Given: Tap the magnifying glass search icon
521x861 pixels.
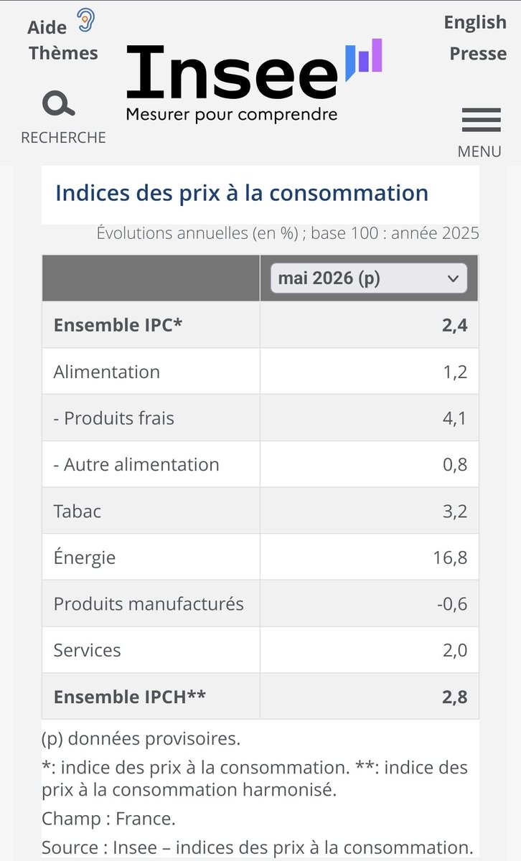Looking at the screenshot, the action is pos(58,103).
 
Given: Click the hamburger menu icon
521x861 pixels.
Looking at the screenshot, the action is pos(481,120).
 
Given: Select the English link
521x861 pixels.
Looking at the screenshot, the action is pos(475,23).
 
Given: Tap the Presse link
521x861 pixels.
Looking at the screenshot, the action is pos(478,53).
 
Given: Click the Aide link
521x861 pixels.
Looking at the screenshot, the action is pos(47,28).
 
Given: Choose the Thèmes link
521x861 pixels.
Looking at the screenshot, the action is pos(63,53).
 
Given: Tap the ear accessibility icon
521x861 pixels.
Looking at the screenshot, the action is pos(85,20).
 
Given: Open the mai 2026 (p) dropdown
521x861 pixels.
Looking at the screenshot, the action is pos(369,278).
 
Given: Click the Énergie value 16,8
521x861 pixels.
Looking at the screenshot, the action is pos(450,557).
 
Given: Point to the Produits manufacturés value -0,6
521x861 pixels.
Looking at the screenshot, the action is pos(452,604).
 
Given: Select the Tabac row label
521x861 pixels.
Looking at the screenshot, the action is pos(78,511).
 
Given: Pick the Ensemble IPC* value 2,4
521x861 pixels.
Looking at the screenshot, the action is pos(454,325).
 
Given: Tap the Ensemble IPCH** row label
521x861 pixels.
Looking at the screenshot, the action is pos(130,697).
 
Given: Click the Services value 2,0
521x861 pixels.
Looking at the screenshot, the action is pos(455,650).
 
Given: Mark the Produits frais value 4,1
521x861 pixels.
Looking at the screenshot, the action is pos(454,418).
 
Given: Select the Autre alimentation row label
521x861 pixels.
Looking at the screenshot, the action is pos(136,465).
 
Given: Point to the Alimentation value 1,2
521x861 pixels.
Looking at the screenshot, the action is pos(455,372).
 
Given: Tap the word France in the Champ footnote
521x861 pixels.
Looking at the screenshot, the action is pos(146,819).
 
